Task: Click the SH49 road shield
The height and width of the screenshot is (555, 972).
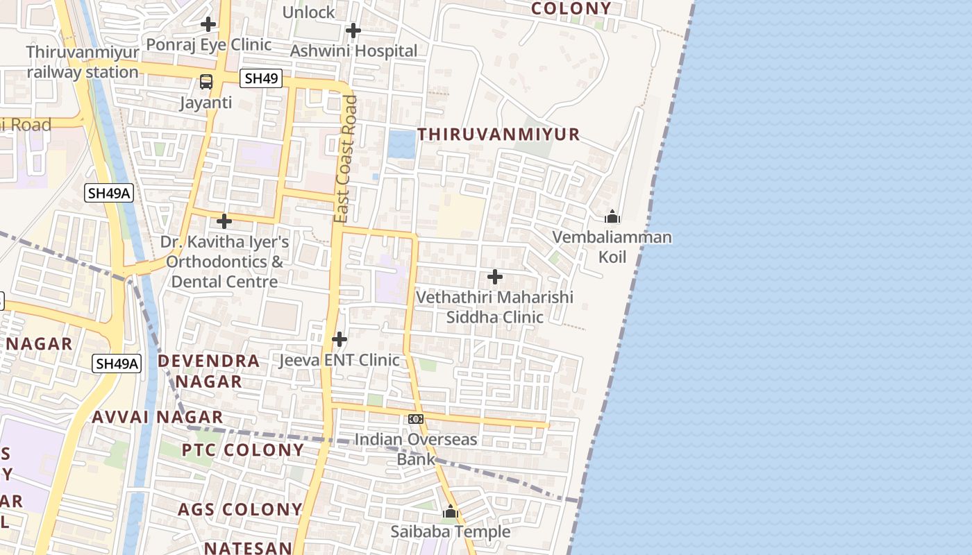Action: tap(262, 78)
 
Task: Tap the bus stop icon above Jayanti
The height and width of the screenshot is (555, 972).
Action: tap(206, 81)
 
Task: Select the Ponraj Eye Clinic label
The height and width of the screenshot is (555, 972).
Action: tap(208, 44)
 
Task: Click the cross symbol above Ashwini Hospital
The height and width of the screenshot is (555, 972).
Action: tap(353, 31)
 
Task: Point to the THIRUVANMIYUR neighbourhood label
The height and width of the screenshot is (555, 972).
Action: tap(498, 134)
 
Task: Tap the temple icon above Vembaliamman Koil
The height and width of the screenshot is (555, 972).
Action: tap(612, 217)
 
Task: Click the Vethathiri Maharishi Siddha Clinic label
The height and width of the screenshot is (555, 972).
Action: tap(494, 307)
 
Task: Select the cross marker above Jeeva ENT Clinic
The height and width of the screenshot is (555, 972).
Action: tap(340, 339)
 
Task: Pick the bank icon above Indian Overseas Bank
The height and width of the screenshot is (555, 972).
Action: tap(416, 419)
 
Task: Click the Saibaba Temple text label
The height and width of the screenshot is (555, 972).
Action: tap(450, 532)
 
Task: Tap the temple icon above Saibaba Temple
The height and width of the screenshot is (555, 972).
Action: tap(450, 513)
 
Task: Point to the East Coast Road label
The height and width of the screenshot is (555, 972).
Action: tap(345, 160)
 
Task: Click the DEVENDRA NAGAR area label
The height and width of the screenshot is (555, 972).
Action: tap(208, 370)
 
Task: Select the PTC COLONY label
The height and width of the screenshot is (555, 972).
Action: tap(243, 450)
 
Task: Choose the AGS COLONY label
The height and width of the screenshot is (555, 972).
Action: tap(240, 509)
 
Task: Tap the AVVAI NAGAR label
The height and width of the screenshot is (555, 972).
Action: tap(158, 417)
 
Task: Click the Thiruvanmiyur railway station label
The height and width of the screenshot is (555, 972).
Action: tap(83, 62)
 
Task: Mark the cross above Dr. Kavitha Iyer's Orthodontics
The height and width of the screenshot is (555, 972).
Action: tap(224, 221)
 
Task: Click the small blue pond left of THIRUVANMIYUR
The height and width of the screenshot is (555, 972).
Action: tap(401, 144)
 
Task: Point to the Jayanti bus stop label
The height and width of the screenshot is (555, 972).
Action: tap(206, 103)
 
